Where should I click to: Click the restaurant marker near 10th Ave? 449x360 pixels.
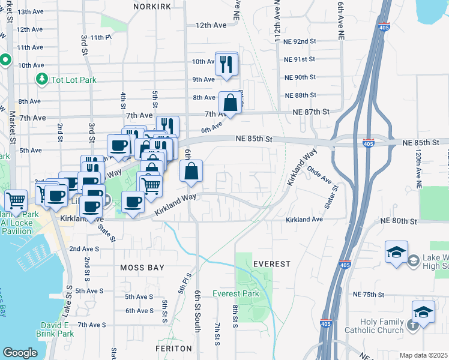[x=226, y=65]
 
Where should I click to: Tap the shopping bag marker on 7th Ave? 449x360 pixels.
[x=231, y=103]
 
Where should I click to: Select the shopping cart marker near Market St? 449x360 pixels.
[x=16, y=200]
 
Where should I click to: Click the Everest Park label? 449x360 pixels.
[x=236, y=293]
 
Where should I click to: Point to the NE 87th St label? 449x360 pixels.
[x=312, y=112]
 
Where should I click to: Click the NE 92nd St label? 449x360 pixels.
[x=300, y=41]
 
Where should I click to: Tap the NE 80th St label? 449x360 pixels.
[x=399, y=221]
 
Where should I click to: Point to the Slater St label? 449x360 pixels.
[x=331, y=197]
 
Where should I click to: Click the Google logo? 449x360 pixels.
[x=20, y=353]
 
